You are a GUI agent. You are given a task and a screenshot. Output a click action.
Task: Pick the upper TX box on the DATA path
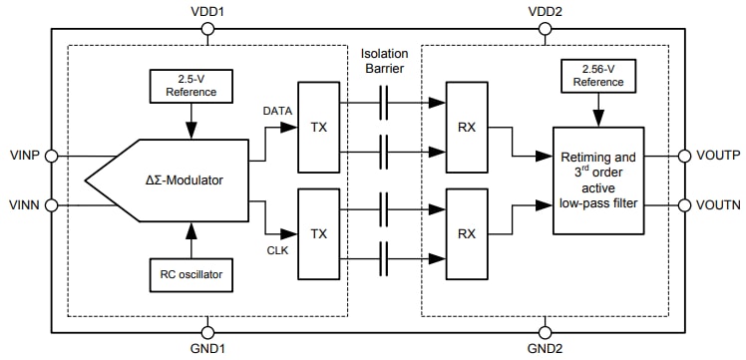[x=318, y=129]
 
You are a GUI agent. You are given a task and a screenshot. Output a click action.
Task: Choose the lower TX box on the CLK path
[x=318, y=233]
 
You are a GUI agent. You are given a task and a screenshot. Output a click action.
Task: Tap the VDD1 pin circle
[x=207, y=29]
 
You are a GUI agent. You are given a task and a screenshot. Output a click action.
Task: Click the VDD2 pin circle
[x=545, y=29]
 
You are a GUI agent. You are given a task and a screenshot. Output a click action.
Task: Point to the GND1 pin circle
[x=207, y=332]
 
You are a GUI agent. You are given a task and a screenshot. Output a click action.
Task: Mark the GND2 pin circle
[x=545, y=332]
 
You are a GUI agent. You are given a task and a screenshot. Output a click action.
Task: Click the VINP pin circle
[x=52, y=156]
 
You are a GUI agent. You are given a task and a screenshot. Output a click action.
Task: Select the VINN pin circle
[x=52, y=206]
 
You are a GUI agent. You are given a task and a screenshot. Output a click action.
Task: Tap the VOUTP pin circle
[x=684, y=156]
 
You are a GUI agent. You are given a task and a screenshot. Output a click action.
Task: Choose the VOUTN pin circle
[x=684, y=206]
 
